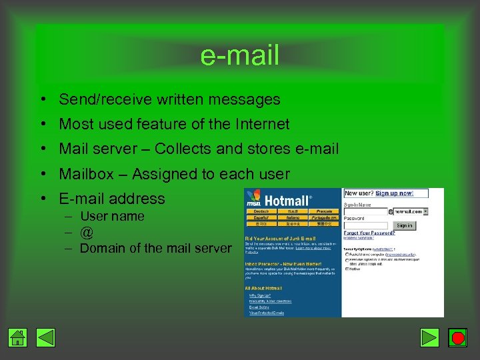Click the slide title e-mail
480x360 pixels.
pyautogui.click(x=239, y=55)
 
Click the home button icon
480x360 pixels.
pyautogui.click(x=18, y=338)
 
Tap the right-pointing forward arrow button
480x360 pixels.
pyautogui.click(x=431, y=338)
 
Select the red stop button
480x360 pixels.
pyautogui.click(x=457, y=338)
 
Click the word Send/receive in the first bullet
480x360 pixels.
pyautogui.click(x=105, y=100)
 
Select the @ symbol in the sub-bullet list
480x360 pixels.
pyautogui.click(x=87, y=233)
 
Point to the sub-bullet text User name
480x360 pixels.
pyautogui.click(x=112, y=216)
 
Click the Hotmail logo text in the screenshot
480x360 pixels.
pyautogui.click(x=287, y=200)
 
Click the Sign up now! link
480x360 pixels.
pyautogui.click(x=394, y=193)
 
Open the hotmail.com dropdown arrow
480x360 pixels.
pyautogui.click(x=425, y=211)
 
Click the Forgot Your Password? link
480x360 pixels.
pyautogui.click(x=369, y=233)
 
